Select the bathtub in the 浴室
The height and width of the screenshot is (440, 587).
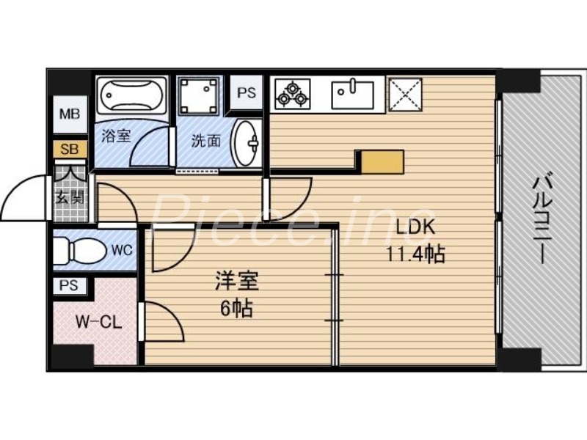tap(130, 97)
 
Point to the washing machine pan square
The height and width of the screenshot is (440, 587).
tap(200, 95)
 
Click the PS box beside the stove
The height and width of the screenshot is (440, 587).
tap(247, 94)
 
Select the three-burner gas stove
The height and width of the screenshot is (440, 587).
tap(292, 93)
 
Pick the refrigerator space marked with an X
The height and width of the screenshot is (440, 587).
tap(406, 93)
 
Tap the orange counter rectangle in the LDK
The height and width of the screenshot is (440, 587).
tap(381, 161)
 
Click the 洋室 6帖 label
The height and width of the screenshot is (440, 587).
tap(236, 294)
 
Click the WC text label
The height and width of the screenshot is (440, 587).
tap(121, 250)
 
